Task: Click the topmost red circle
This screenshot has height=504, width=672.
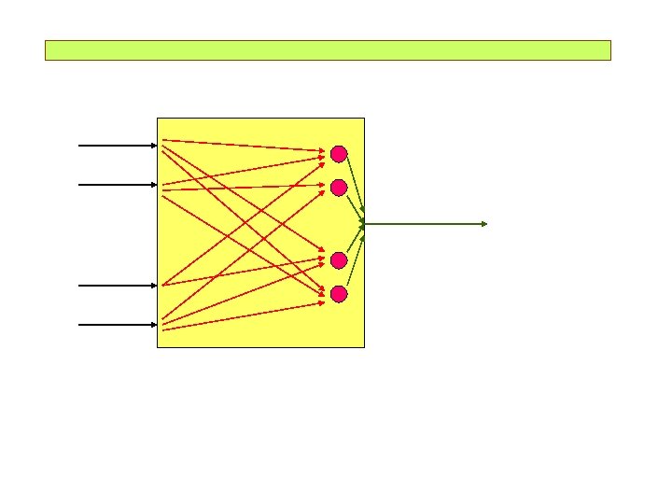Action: [339, 153]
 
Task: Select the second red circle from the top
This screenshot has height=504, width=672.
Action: [339, 187]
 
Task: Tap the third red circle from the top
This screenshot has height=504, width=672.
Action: [339, 259]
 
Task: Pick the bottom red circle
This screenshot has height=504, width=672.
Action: [339, 294]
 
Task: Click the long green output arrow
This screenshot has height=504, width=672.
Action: [425, 224]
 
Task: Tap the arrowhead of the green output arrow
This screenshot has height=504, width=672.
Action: [483, 224]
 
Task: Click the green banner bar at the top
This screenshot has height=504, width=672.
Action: [328, 50]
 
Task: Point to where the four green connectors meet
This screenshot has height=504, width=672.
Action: [363, 224]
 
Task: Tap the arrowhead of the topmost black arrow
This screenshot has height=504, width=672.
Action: [153, 146]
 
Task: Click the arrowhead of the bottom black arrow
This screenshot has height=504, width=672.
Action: [153, 325]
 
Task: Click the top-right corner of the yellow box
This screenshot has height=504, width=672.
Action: [364, 118]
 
